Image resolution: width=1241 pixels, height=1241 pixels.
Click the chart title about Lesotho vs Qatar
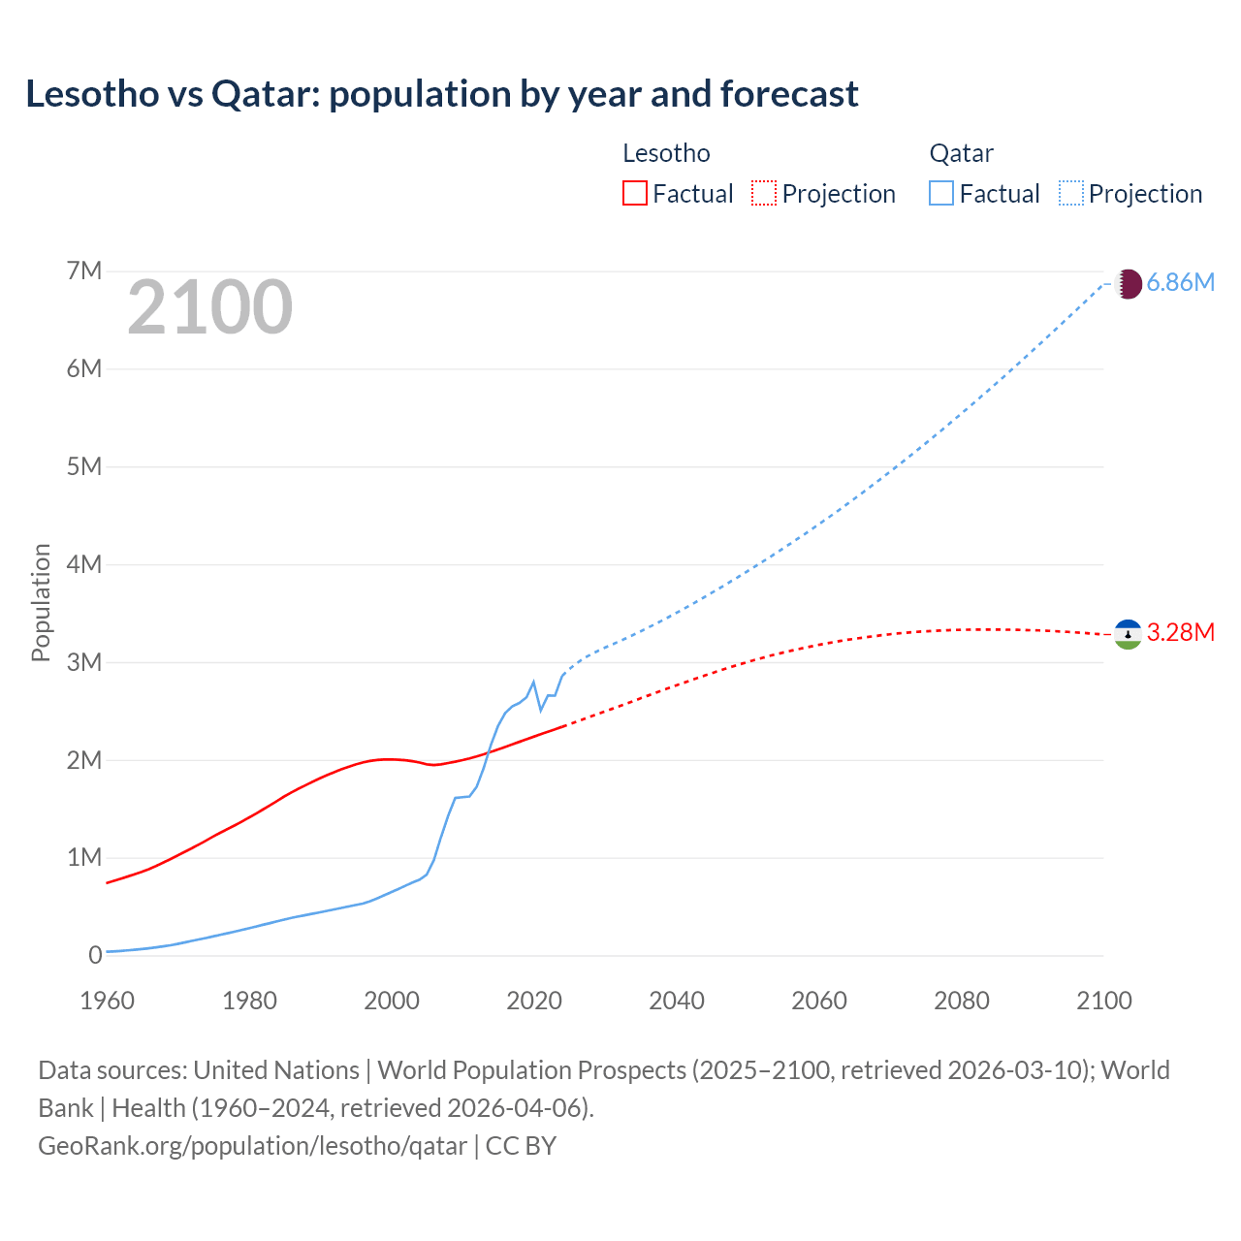(x=442, y=94)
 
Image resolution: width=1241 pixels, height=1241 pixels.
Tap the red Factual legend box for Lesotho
(x=634, y=193)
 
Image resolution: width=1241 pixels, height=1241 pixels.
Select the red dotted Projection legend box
(x=764, y=193)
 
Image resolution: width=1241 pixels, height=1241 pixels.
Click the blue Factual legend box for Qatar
(x=940, y=193)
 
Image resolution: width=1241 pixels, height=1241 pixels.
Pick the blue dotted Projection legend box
(x=1070, y=193)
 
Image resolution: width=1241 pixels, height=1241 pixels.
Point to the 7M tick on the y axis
(x=84, y=270)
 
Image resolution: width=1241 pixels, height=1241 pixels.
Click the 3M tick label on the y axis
(x=84, y=662)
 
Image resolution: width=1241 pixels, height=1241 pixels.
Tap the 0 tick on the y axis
(x=95, y=955)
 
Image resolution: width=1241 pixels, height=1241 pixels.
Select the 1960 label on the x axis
(x=107, y=1001)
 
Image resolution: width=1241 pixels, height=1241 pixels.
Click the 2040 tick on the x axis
(x=677, y=1001)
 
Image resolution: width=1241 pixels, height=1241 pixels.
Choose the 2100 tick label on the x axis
(x=1103, y=1001)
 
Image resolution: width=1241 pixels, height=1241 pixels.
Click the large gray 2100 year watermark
(x=209, y=307)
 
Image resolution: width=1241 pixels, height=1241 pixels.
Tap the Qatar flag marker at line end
(x=1128, y=284)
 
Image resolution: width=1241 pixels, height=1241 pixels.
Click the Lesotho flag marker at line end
(x=1128, y=634)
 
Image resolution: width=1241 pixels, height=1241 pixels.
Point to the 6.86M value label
(x=1180, y=283)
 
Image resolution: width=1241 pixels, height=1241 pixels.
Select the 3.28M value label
(x=1180, y=633)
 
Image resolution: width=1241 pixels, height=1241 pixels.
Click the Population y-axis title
(x=41, y=602)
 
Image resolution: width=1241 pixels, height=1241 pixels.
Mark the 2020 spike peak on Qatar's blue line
(x=533, y=682)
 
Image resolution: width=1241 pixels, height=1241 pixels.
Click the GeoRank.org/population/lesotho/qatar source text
(x=252, y=1146)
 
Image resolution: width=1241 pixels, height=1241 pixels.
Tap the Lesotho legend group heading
(x=666, y=153)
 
